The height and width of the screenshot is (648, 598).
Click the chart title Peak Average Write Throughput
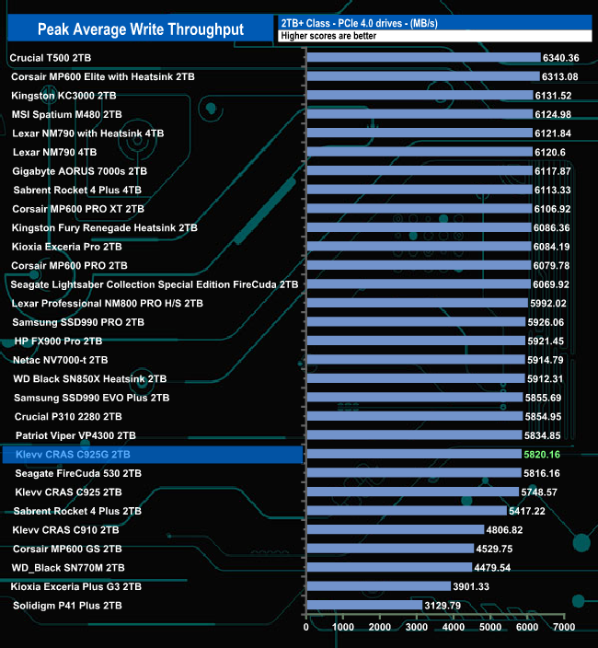click(x=141, y=29)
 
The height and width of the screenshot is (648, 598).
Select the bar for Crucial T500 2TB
click(x=422, y=58)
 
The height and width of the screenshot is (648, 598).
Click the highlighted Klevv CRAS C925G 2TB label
click(x=72, y=455)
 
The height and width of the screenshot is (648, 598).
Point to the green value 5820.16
click(x=547, y=455)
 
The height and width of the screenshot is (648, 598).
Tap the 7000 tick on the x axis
click(x=564, y=628)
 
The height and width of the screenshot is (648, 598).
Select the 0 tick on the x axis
click(x=306, y=628)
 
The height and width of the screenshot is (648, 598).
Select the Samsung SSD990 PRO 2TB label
click(x=78, y=322)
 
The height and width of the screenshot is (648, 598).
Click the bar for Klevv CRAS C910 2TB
click(x=395, y=529)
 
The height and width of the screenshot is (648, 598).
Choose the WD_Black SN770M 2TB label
click(x=75, y=567)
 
